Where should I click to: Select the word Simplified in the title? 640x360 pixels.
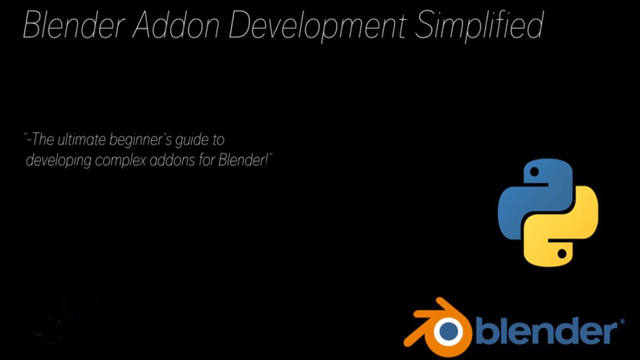point(479,26)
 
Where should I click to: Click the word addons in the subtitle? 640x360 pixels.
point(174,161)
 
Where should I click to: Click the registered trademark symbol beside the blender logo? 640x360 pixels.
point(622,321)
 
